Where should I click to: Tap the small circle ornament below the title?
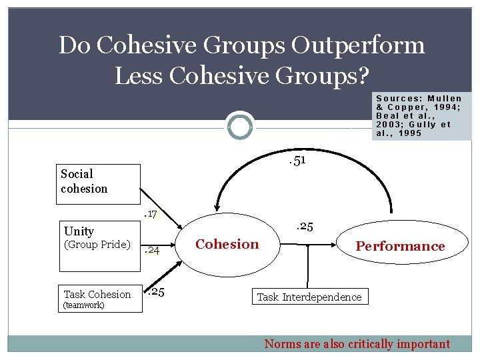[x=240, y=126]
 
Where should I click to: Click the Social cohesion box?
[x=99, y=183]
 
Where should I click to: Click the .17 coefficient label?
[x=151, y=215]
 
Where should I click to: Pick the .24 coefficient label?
[x=153, y=251]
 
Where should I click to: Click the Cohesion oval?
[x=227, y=244]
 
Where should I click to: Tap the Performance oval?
[x=399, y=246]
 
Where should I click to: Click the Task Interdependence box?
[x=309, y=297]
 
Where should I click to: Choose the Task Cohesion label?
[x=97, y=294]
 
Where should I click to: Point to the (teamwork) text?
[x=83, y=306]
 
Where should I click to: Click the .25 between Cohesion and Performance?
[x=304, y=227]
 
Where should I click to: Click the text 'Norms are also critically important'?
[x=357, y=344]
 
